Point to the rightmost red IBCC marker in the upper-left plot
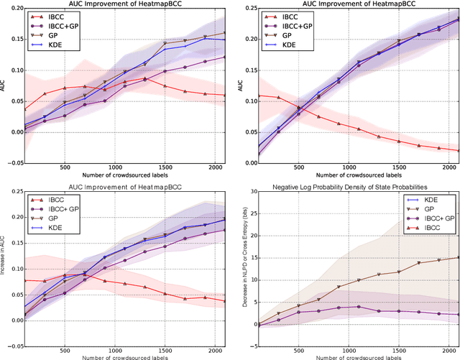[x=226, y=95]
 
